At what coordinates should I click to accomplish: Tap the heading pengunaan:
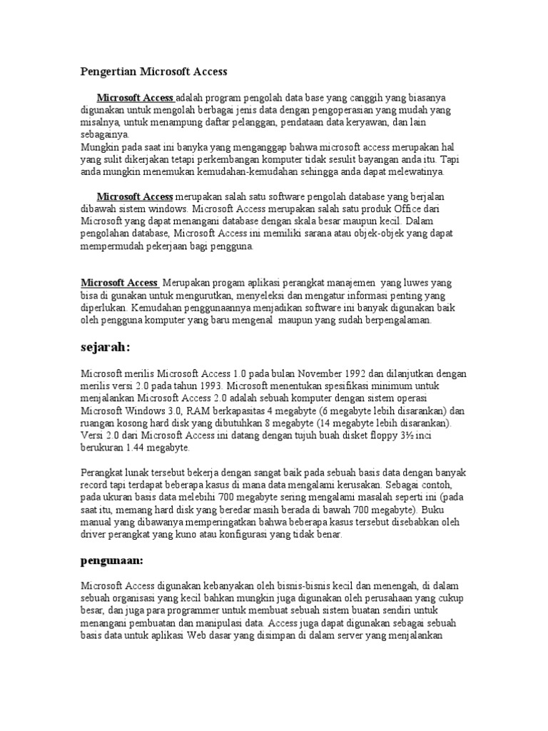(113, 561)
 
